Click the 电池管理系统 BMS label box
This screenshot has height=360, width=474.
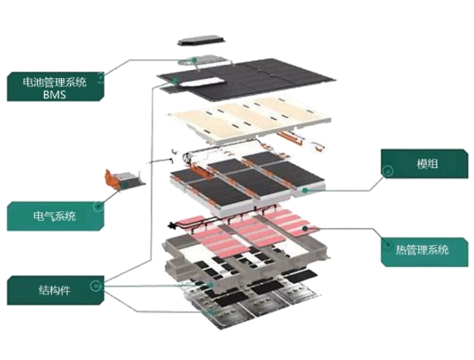pyautogui.click(x=55, y=87)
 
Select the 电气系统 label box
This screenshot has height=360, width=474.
pyautogui.click(x=55, y=216)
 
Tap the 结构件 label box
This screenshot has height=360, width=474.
pyautogui.click(x=55, y=290)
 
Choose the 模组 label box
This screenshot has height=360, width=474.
pyautogui.click(x=424, y=163)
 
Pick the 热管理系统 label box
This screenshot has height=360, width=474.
pyautogui.click(x=424, y=252)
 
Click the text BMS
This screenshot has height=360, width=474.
pyautogui.click(x=55, y=95)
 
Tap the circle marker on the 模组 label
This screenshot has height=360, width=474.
pyautogui.click(x=387, y=171)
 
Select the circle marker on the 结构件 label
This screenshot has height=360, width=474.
pyautogui.click(x=96, y=285)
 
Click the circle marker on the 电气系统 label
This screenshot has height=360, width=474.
pyautogui.click(x=98, y=206)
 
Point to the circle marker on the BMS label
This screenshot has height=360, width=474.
pyautogui.click(x=100, y=78)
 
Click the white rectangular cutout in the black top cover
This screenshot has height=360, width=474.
pyautogui.click(x=207, y=82)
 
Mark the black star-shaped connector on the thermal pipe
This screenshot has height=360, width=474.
pyautogui.click(x=173, y=225)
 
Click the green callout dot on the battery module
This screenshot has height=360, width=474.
pyautogui.click(x=306, y=190)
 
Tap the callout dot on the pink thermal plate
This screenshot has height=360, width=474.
pyautogui.click(x=306, y=228)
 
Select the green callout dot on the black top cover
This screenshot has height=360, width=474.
pyautogui.click(x=175, y=80)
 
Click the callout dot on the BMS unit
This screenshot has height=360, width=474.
pyautogui.click(x=194, y=60)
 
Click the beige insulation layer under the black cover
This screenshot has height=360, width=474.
pyautogui.click(x=249, y=119)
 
